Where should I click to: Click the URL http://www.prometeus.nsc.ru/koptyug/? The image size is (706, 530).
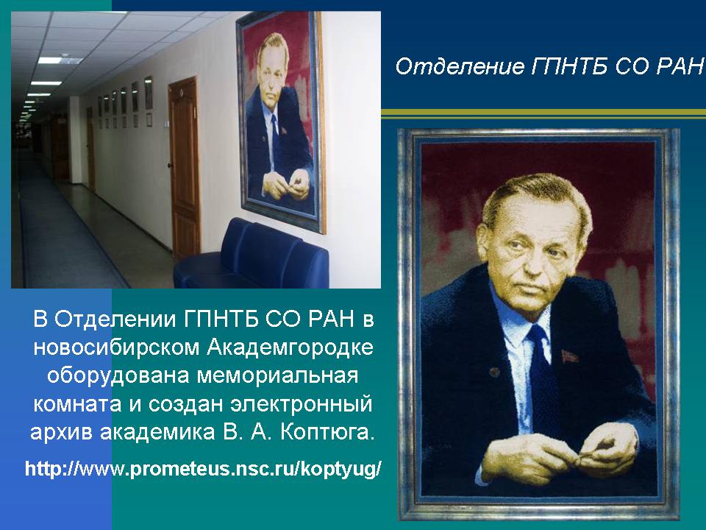[203, 469]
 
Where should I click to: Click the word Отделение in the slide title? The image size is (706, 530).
[460, 66]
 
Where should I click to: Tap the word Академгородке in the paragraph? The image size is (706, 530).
[290, 347]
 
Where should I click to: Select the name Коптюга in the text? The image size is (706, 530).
[327, 432]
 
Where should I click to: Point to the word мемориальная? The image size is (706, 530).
[277, 375]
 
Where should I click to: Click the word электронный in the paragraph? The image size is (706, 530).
[302, 404]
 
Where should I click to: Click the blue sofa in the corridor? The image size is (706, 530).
[252, 257]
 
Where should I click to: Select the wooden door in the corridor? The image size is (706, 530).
[185, 167]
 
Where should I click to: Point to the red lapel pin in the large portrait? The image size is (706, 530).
[569, 356]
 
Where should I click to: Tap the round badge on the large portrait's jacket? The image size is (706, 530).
[494, 372]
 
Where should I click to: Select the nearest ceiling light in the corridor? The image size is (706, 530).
[60, 60]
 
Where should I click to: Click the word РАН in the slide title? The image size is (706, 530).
[680, 66]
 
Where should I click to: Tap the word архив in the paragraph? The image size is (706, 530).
[62, 433]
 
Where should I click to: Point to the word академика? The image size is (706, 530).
[157, 433]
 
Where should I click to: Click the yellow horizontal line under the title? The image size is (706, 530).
[543, 113]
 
